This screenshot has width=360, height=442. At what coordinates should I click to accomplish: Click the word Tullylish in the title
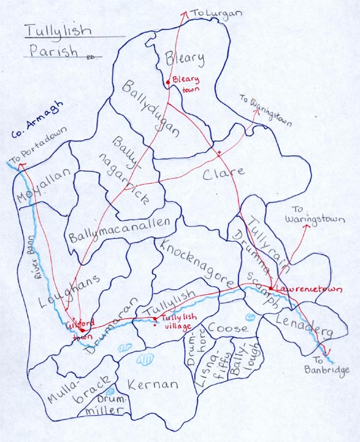pos(59,31)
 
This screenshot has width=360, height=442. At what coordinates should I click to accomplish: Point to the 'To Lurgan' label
pos(208,12)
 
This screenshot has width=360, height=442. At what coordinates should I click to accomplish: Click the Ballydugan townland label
pos(150,108)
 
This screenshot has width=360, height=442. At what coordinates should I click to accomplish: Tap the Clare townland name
pos(223,173)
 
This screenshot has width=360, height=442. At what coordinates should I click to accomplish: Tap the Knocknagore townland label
pos(195,263)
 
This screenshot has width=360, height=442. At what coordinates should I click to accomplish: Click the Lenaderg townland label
pos(304,326)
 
